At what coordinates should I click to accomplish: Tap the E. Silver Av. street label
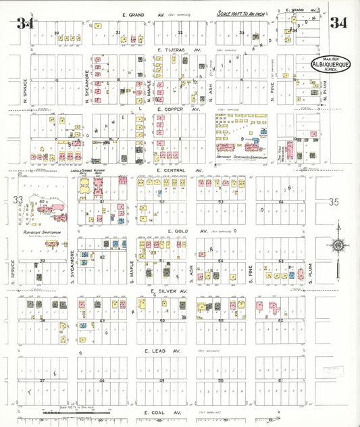[x=172, y=291]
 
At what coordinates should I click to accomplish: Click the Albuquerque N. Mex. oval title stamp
[x=330, y=65]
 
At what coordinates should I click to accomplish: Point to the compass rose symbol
[x=337, y=245]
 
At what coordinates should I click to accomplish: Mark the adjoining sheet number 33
[x=18, y=199]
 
